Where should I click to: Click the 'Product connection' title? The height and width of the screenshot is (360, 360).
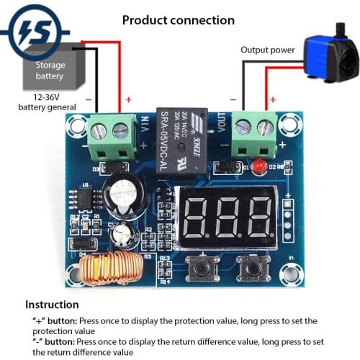[x=179, y=19]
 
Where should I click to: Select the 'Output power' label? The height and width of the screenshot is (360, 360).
[x=267, y=50]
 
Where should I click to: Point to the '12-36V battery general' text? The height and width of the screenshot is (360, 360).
[x=47, y=102]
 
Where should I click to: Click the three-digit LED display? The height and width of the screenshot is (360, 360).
[x=225, y=217]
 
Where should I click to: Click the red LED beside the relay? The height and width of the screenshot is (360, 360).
[x=261, y=167]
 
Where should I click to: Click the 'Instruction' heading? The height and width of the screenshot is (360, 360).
[x=52, y=305]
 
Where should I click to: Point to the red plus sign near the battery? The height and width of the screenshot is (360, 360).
[x=129, y=99]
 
